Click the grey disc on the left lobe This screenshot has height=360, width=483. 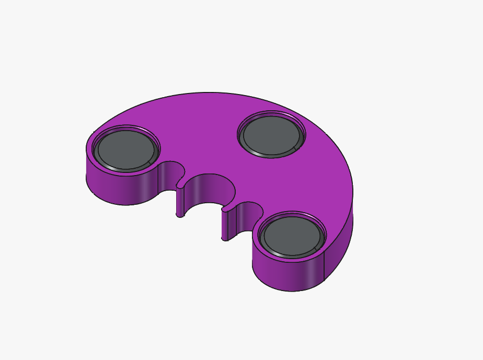tap(125, 150)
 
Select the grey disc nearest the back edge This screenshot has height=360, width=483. tap(271, 135)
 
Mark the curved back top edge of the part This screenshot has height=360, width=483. tap(209, 93)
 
